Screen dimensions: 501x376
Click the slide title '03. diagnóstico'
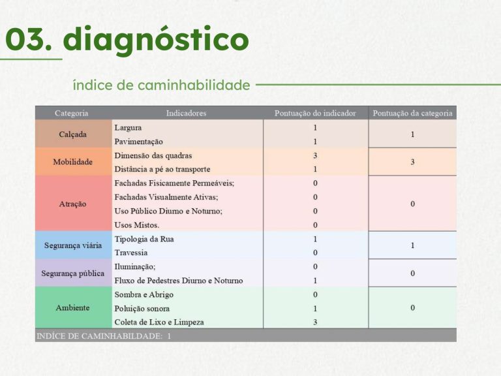tap(127, 40)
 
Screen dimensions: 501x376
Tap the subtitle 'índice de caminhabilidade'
tap(161, 85)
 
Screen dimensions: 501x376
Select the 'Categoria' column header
tap(71, 113)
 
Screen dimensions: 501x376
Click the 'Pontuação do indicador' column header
tap(315, 113)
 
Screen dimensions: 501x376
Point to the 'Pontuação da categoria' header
tap(412, 113)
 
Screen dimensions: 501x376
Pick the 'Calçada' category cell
tap(73, 134)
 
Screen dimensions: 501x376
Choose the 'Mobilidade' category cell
tap(73, 162)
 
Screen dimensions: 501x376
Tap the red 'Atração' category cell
tap(73, 204)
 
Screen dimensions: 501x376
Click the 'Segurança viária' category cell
tap(73, 245)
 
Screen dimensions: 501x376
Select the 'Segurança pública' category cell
tap(73, 273)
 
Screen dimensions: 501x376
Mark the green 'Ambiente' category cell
tap(73, 307)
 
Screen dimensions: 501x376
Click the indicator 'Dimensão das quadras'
tap(153, 156)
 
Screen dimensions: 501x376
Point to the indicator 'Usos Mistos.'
tap(137, 225)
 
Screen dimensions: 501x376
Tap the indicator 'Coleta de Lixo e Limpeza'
tap(159, 322)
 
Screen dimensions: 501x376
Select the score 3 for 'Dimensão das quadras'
tap(315, 156)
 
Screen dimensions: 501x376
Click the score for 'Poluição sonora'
tap(315, 309)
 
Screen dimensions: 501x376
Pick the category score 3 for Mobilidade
tap(412, 162)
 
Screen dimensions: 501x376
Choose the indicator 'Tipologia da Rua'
tap(144, 239)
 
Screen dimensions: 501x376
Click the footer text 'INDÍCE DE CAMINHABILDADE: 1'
tap(104, 336)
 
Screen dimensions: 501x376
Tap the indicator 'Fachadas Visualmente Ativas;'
tap(166, 197)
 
